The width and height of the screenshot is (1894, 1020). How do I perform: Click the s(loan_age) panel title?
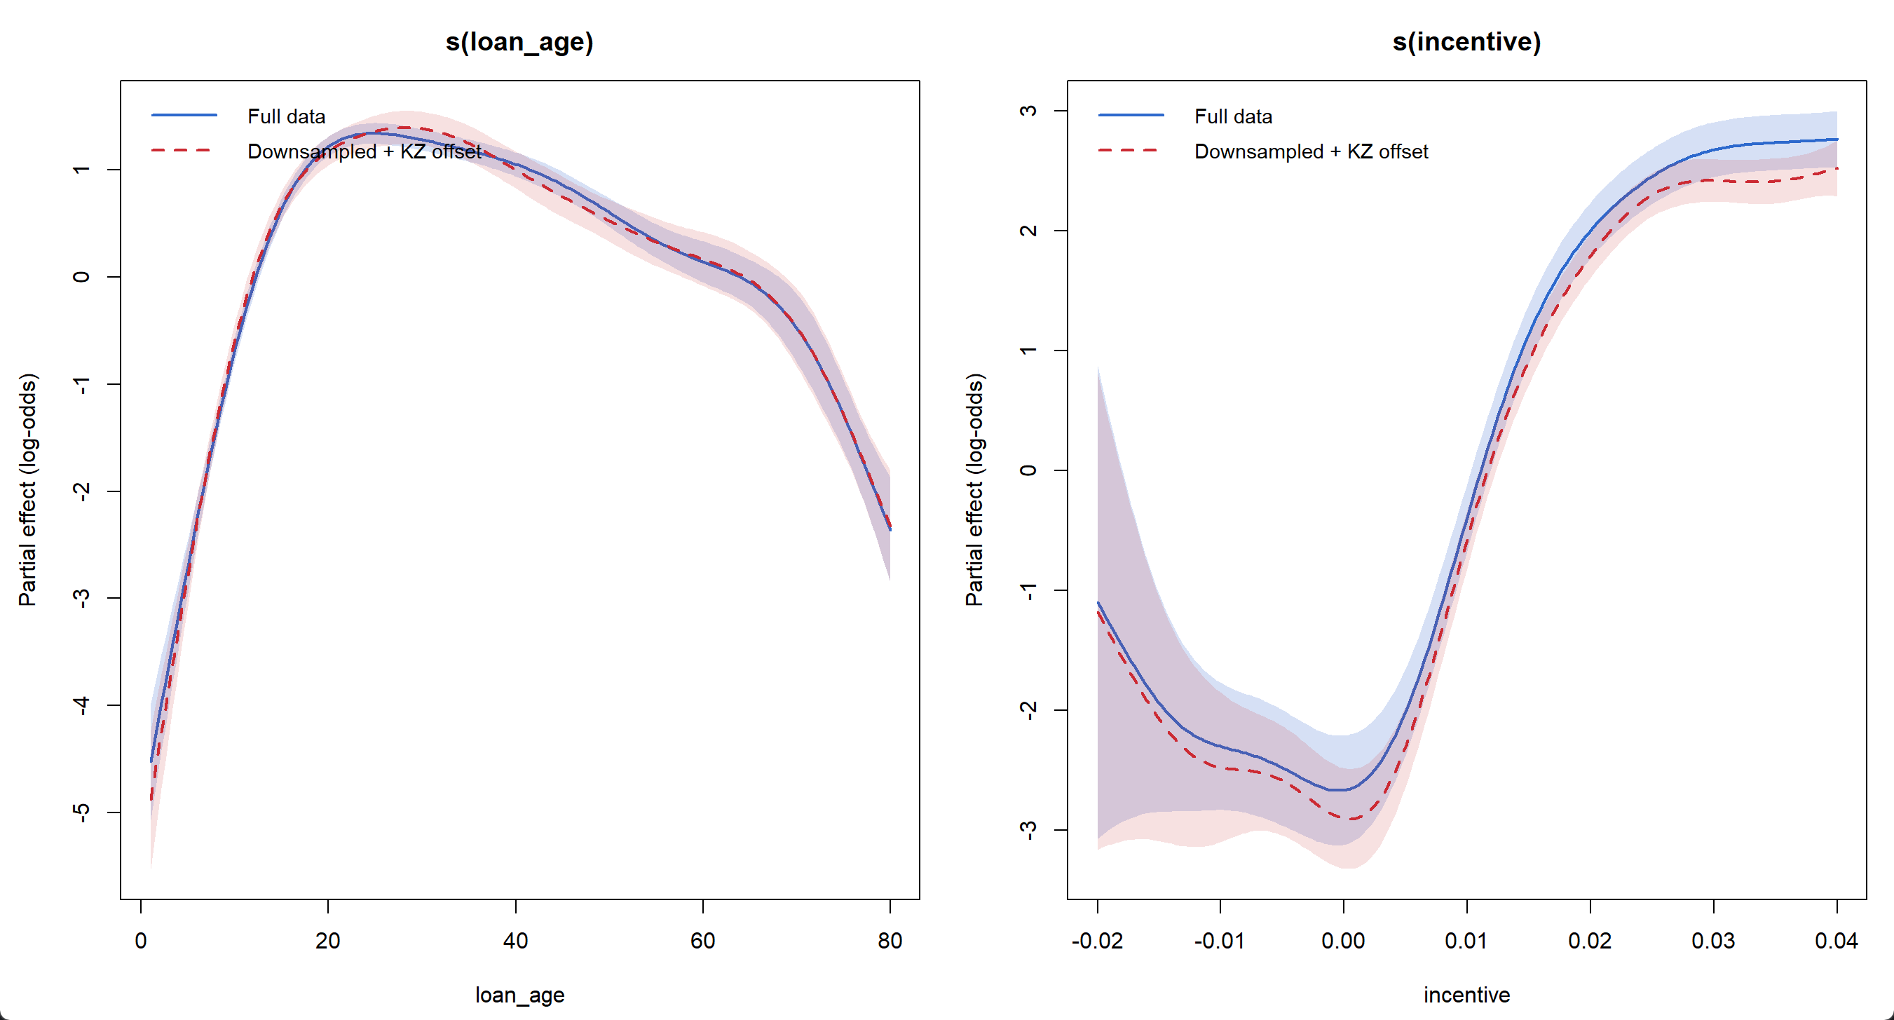[519, 42]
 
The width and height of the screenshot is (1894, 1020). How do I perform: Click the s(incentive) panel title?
[1466, 42]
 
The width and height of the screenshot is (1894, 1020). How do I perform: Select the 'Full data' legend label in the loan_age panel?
[286, 116]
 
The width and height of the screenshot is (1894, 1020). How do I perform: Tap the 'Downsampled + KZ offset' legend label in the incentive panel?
[1311, 151]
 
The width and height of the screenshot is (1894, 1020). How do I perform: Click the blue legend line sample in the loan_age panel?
[184, 116]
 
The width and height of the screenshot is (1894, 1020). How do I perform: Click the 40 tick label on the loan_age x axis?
[515, 941]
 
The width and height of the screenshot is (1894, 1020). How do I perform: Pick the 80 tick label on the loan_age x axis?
[890, 941]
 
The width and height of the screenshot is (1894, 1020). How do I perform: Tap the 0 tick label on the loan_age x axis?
[140, 941]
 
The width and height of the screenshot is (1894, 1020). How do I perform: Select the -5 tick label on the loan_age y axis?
[81, 812]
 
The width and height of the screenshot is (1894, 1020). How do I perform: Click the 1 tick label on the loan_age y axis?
[81, 170]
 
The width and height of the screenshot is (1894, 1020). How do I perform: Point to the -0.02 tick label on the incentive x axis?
[1097, 941]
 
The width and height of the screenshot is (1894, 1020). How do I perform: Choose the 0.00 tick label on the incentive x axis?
[1343, 941]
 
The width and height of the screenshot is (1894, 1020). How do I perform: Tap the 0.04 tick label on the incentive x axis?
[1837, 941]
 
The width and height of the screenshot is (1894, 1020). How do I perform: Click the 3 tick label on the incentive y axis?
[1028, 111]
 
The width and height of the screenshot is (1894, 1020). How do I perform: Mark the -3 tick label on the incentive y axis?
[1028, 829]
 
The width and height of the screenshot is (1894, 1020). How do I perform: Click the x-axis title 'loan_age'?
[519, 995]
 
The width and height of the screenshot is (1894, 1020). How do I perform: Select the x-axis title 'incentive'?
[1466, 995]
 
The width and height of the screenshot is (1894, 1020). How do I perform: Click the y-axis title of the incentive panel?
[974, 490]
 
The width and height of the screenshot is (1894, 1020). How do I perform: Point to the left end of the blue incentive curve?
[1098, 603]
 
